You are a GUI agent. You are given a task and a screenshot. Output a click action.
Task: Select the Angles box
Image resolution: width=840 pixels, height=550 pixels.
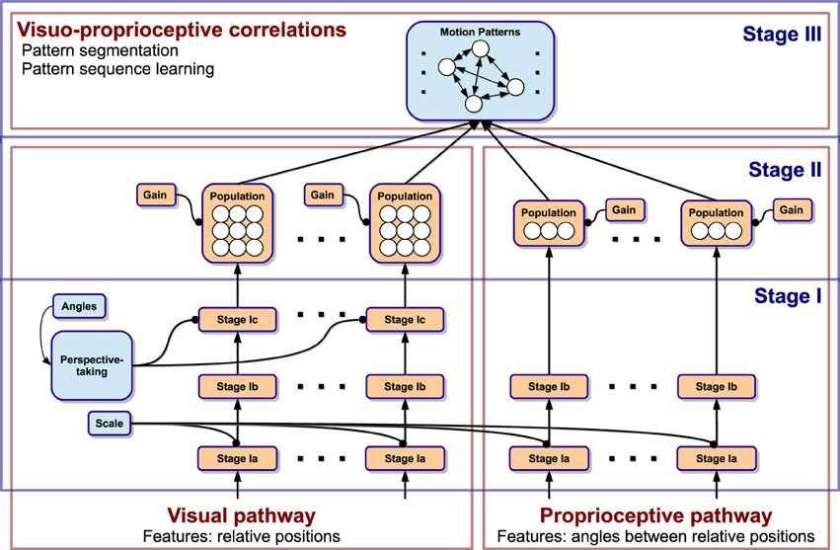tap(79, 306)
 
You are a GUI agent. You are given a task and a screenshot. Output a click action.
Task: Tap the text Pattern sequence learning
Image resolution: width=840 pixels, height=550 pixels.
tap(117, 70)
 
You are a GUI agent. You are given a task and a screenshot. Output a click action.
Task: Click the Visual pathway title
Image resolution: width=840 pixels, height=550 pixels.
tap(242, 515)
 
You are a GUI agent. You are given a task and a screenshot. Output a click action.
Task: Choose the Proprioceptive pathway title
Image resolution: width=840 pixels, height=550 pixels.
tap(656, 515)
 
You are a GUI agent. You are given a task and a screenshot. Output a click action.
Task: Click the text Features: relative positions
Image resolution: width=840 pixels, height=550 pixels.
tap(242, 536)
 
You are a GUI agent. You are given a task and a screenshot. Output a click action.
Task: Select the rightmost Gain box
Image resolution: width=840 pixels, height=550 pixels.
tap(791, 209)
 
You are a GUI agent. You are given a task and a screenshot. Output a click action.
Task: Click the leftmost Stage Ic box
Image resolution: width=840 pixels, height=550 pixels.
tap(236, 320)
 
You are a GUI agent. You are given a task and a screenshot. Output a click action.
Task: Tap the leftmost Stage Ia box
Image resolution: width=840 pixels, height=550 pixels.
tap(236, 458)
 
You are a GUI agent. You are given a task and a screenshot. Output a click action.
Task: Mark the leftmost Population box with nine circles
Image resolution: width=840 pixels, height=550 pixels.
tap(238, 223)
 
